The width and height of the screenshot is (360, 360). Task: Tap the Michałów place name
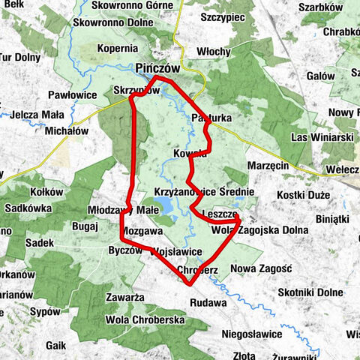tap(67, 130)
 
